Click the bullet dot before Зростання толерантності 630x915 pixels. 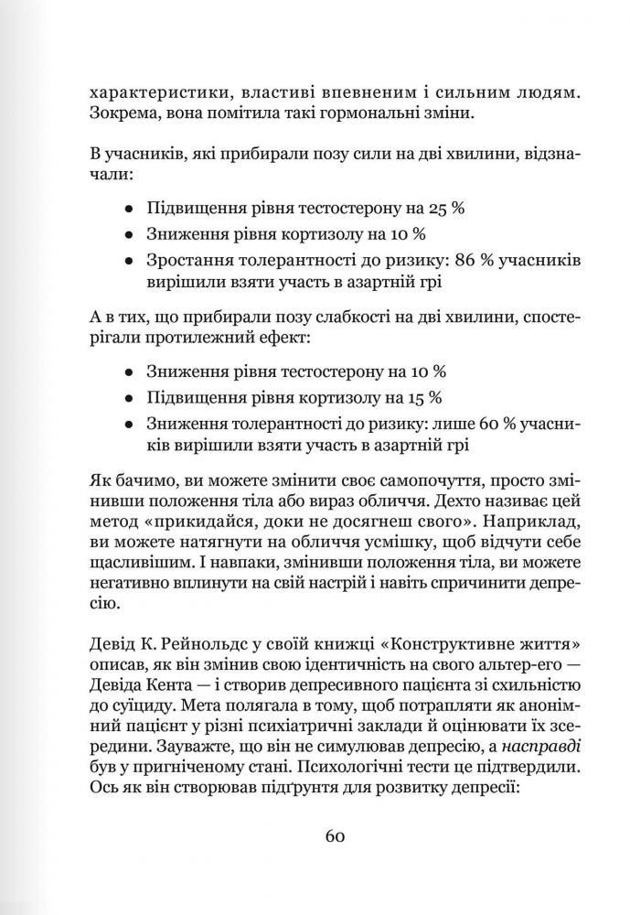[131, 260]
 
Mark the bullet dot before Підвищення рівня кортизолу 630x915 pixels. [131, 398]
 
